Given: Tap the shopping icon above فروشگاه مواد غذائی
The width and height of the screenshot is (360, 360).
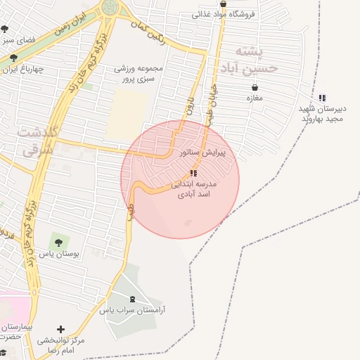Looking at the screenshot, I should tap(223, 4).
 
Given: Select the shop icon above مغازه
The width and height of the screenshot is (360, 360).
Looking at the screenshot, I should tap(255, 88).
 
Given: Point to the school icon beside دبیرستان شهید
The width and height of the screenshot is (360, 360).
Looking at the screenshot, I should tap(322, 98).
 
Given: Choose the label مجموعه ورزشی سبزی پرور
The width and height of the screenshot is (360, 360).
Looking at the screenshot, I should tap(139, 74).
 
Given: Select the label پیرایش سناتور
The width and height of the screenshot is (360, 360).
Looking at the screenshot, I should tap(202, 152).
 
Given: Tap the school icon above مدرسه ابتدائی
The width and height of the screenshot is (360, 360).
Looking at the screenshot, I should tap(193, 173).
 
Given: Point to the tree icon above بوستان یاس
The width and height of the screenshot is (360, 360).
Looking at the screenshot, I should tap(58, 243).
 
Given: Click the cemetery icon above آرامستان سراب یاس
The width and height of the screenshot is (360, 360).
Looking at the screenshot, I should tap(134, 300).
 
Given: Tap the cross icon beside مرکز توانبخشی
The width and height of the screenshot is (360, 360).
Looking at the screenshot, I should tap(61, 329).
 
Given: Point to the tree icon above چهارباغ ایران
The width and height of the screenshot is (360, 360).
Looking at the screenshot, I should tap(9, 58).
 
